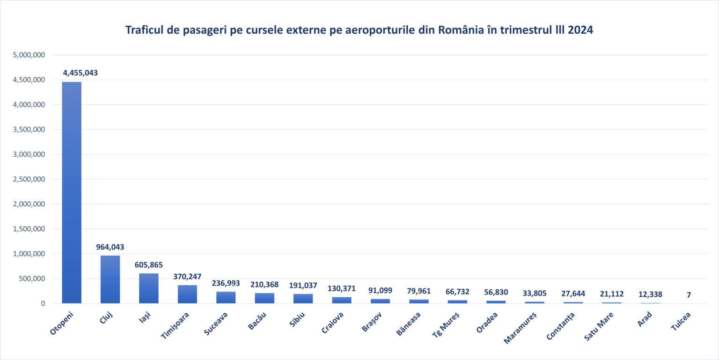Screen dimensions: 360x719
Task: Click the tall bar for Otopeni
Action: pyautogui.click(x=72, y=192)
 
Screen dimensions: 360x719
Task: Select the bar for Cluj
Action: pyautogui.click(x=110, y=279)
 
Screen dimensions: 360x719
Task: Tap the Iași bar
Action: pyautogui.click(x=148, y=288)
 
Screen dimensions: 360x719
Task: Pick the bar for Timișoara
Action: pyautogui.click(x=187, y=294)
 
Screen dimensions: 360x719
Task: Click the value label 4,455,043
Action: pyautogui.click(x=81, y=73)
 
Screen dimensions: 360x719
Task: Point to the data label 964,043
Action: pyautogui.click(x=110, y=247)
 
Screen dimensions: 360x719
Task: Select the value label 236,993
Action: pyautogui.click(x=226, y=283)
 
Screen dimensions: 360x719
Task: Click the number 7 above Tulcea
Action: pyautogui.click(x=689, y=295)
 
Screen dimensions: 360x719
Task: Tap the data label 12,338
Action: pyautogui.click(x=650, y=294)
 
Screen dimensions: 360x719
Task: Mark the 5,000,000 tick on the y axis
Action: pyautogui.click(x=29, y=55)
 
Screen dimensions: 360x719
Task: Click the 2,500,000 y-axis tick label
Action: pyautogui.click(x=29, y=179)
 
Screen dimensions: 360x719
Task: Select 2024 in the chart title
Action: pyautogui.click(x=581, y=30)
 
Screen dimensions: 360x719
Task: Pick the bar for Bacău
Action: pyautogui.click(x=264, y=298)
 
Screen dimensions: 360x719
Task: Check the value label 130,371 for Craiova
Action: pyautogui.click(x=341, y=288)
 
